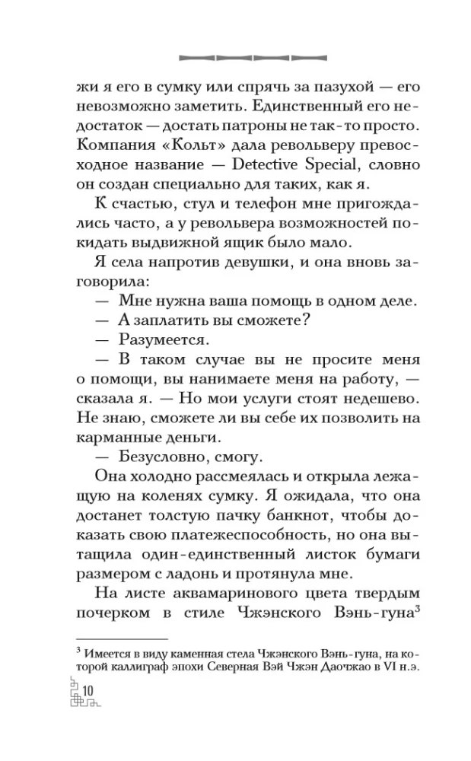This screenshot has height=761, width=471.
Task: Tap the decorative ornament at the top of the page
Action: (235, 56)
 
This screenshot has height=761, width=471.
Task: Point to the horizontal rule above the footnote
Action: (122, 636)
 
